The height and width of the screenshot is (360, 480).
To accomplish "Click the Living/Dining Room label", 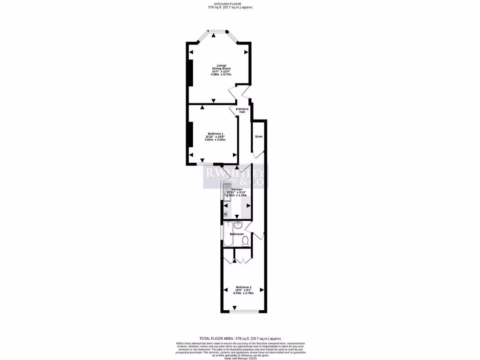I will (x=221, y=67).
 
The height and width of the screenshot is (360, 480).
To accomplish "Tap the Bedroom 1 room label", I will (x=215, y=134).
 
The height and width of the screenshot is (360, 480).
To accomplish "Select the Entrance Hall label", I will (x=242, y=111).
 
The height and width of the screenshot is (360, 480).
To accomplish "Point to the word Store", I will (x=259, y=136).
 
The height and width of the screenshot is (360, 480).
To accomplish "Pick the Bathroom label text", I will (x=237, y=234).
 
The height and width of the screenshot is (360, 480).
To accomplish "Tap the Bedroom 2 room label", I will (x=244, y=287).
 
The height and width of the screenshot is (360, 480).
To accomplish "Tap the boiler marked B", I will (x=225, y=214).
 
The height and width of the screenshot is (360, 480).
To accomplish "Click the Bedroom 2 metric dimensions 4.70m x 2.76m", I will (x=244, y=293).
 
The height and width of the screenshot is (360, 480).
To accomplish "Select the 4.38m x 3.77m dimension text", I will (x=221, y=74).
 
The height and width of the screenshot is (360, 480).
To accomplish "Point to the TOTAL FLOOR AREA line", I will (x=240, y=338).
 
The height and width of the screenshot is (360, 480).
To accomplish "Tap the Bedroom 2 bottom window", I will (x=244, y=311).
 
